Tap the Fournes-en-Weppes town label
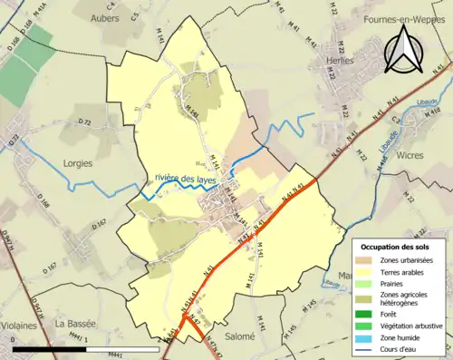[x=401, y=18]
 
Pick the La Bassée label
[x=75, y=323]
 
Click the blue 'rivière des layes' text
[x=191, y=179]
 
